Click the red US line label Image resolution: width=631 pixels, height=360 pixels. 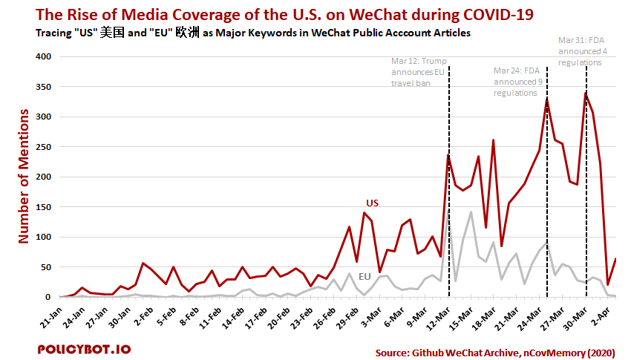point(373,203)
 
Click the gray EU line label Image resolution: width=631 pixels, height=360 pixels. point(364,276)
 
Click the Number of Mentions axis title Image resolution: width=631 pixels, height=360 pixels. point(24,176)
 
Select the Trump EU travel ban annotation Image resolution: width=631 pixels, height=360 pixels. point(419,72)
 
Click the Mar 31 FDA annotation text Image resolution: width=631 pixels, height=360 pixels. point(580,51)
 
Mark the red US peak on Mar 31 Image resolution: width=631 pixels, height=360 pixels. point(586,92)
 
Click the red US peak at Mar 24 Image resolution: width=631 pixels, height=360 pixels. point(547,98)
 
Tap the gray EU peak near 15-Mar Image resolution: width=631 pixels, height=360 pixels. point(471,212)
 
